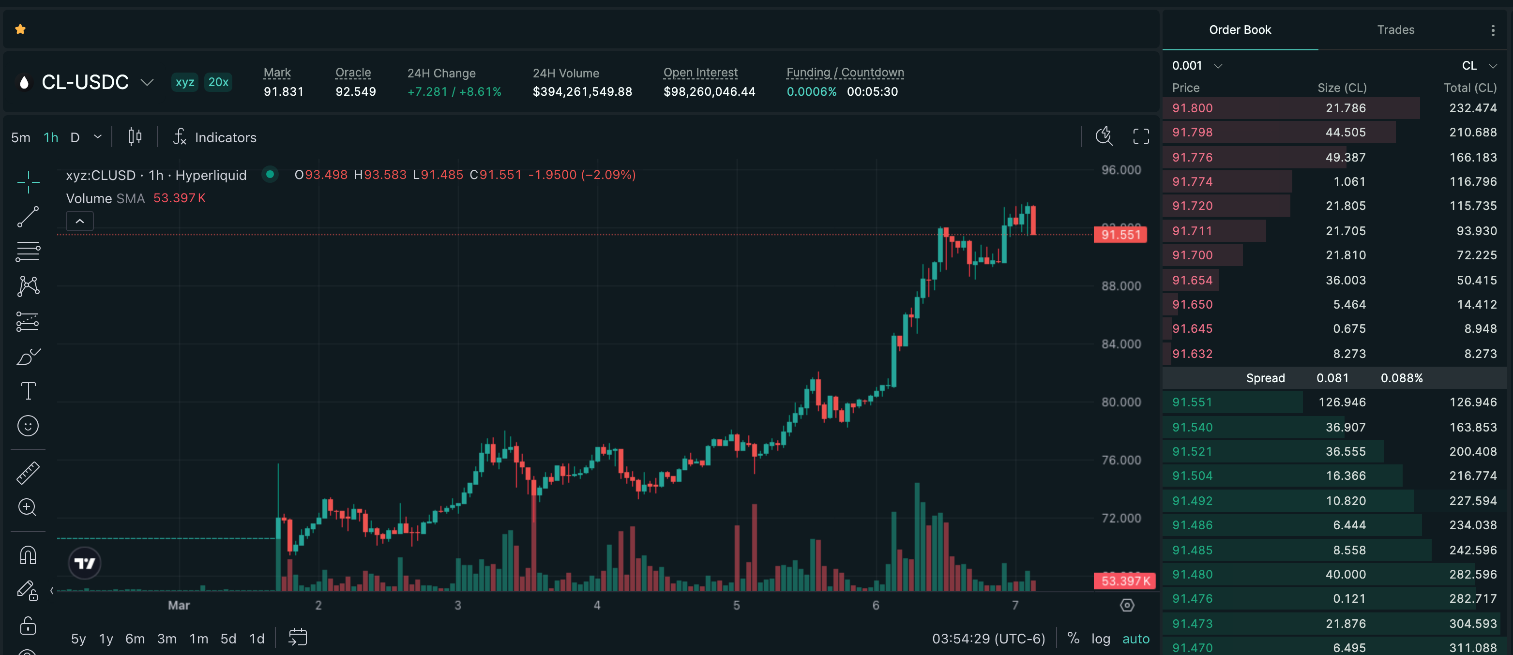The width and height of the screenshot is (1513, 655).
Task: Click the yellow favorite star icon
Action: point(20,30)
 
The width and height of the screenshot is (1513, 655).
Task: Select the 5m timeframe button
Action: point(20,137)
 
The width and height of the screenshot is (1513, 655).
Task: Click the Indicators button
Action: point(215,137)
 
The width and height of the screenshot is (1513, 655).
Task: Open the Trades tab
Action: point(1395,30)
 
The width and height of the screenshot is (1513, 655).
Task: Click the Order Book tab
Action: point(1240,30)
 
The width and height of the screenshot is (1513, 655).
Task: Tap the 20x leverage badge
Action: point(218,82)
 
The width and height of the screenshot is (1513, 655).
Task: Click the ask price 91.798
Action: point(1192,133)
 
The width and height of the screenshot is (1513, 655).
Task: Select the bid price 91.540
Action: point(1192,427)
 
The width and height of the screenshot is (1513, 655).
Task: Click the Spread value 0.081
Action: point(1332,378)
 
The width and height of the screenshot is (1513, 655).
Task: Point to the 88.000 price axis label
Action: point(1120,286)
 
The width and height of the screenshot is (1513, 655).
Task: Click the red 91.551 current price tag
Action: point(1120,235)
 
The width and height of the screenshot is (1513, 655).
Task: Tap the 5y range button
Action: point(78,639)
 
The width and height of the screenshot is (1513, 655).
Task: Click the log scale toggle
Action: point(1100,639)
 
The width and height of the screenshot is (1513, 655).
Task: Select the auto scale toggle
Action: point(1135,639)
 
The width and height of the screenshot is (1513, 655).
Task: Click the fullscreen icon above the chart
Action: point(1141,137)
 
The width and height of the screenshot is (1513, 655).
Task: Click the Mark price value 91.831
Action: point(284,91)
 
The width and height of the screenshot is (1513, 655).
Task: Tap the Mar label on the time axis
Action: point(179,605)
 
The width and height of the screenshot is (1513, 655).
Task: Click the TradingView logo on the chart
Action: point(85,564)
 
